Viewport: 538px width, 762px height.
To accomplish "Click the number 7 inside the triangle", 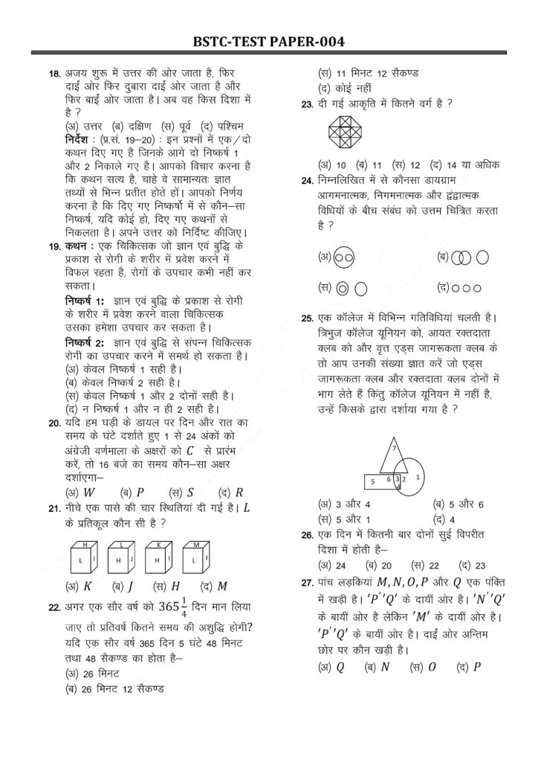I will (393, 449).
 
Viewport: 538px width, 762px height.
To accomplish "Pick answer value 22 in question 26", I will (425, 566).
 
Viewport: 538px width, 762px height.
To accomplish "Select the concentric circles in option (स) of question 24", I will (342, 286).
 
